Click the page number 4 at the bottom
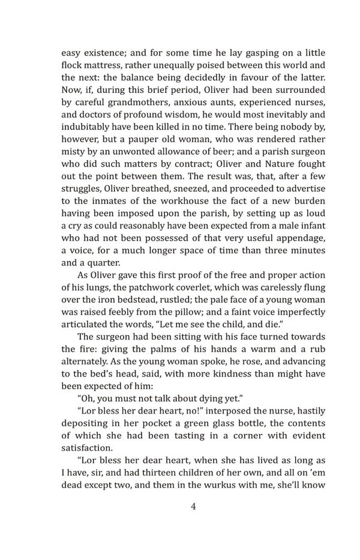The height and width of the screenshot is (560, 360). [193, 506]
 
